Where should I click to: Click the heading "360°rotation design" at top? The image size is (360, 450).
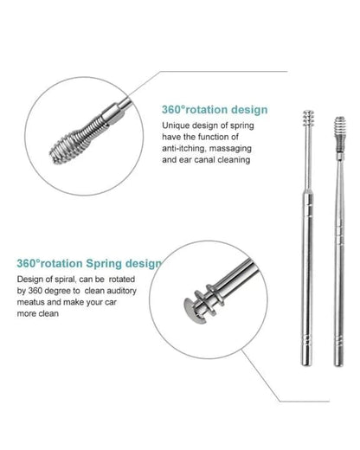tap(213, 111)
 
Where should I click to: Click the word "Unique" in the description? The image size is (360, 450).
tap(177, 127)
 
